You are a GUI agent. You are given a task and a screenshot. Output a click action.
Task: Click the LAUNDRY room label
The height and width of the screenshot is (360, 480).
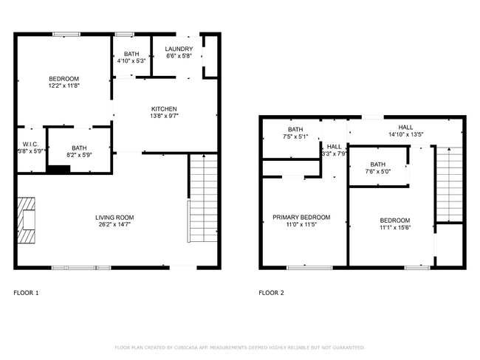pyautogui.click(x=179, y=49)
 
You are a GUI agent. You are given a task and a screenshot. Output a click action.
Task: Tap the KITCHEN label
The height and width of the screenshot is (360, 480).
pyautogui.click(x=164, y=109)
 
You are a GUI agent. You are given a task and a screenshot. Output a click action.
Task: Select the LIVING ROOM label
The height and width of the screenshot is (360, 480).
pyautogui.click(x=114, y=217)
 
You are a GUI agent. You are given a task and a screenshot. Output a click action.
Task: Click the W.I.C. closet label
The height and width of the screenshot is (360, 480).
pyautogui.click(x=30, y=144)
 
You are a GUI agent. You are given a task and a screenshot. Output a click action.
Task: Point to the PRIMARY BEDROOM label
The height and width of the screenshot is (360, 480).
pyautogui.click(x=301, y=218)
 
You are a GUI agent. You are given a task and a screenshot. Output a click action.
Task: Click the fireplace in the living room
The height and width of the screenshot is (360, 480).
pyautogui.click(x=27, y=221)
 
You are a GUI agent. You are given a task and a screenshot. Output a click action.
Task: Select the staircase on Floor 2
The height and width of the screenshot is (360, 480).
pyautogui.click(x=449, y=184)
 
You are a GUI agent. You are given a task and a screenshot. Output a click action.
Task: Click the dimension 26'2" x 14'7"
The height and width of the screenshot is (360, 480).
pyautogui.click(x=114, y=224)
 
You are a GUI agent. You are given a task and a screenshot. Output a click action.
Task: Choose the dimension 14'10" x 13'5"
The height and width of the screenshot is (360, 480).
pyautogui.click(x=405, y=134)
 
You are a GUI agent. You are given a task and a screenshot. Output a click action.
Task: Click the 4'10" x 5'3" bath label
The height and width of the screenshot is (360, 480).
pyautogui.click(x=131, y=61)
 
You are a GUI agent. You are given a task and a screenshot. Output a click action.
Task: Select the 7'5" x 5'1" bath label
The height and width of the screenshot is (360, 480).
pyautogui.click(x=295, y=136)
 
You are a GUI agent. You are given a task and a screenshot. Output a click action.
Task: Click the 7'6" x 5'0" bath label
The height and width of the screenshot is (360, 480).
pyautogui.click(x=377, y=172)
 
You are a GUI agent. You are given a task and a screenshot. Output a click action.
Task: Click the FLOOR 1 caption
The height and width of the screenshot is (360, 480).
pyautogui.click(x=27, y=293)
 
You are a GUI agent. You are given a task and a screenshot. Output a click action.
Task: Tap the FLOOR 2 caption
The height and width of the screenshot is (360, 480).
pyautogui.click(x=271, y=293)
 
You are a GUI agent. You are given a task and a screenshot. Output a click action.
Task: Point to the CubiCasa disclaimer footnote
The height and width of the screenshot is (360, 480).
pyautogui.click(x=239, y=347)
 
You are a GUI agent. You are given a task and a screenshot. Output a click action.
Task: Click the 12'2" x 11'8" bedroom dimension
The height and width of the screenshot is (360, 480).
pyautogui.click(x=64, y=86)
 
